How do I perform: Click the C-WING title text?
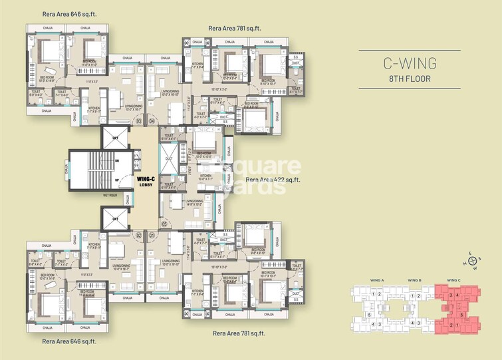coord(409,64)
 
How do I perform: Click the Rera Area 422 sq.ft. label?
coord(273,180)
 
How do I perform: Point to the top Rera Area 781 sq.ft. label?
coord(234,28)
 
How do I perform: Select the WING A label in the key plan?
coord(377,279)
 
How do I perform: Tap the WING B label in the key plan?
coord(416,279)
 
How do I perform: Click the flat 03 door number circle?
coord(139,121)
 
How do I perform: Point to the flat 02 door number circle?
coord(139,235)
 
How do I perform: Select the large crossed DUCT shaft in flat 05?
coord(168,160)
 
